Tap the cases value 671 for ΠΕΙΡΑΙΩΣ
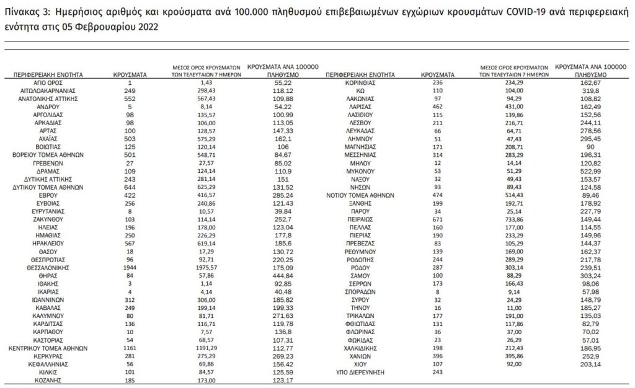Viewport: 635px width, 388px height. click(x=437, y=219)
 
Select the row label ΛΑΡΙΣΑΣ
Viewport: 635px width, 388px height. click(x=360, y=106)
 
